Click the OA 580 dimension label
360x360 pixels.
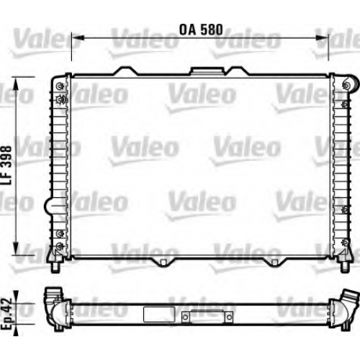[201, 30]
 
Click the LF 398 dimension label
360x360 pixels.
[6, 165]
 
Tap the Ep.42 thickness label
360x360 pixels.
[6, 313]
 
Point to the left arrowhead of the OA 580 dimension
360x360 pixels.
[78, 37]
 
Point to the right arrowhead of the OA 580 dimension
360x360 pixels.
[322, 37]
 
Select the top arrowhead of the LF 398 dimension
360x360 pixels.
[16, 84]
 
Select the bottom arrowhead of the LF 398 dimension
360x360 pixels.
[16, 248]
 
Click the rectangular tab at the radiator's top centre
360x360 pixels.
[207, 71]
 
